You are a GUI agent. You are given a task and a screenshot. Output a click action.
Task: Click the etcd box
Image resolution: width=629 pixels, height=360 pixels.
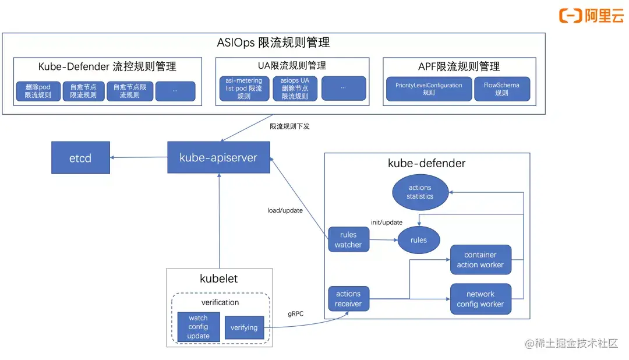(80, 157)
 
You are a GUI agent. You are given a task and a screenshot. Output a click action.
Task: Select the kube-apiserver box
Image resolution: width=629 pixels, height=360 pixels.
(218, 157)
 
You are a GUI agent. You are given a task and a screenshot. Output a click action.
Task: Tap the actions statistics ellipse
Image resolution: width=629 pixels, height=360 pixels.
(420, 192)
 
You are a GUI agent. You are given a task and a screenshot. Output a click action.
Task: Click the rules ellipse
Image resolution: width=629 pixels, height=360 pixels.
(418, 240)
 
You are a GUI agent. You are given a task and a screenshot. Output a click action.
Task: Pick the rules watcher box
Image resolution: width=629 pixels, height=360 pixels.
(348, 240)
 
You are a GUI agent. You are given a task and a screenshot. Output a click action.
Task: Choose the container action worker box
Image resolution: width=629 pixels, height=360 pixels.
(480, 260)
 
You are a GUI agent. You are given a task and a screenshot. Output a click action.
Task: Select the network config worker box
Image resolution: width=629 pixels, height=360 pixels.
(480, 299)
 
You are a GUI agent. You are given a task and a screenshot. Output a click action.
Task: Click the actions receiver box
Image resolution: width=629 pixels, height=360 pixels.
(348, 299)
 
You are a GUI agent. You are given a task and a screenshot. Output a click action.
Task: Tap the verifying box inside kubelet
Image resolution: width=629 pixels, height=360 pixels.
(244, 327)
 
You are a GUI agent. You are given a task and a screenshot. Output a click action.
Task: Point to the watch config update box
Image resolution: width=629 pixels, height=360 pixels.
(198, 327)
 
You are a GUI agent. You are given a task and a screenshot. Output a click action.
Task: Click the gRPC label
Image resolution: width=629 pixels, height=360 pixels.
(296, 313)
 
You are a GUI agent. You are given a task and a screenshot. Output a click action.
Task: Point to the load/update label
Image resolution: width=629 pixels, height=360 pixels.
(281, 210)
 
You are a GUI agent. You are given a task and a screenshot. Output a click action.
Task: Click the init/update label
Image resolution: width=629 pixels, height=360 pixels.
(387, 223)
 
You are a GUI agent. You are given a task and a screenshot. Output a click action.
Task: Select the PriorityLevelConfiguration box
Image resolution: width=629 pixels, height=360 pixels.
(429, 89)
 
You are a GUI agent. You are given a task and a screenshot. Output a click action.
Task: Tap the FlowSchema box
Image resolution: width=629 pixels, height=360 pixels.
(501, 89)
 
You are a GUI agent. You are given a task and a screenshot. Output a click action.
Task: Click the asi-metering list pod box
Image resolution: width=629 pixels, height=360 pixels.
(244, 89)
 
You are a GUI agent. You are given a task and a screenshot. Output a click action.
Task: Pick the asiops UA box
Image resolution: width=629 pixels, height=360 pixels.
(295, 89)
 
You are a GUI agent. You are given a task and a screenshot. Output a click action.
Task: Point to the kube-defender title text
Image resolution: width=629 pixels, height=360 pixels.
(426, 163)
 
